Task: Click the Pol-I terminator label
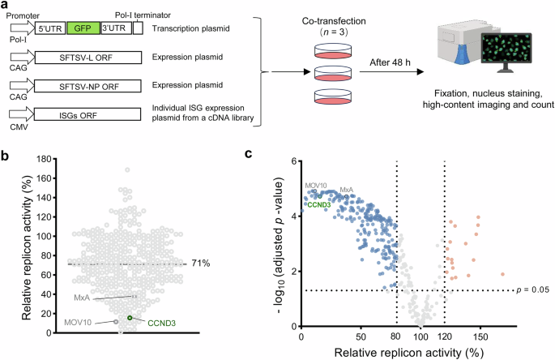pos(139,5)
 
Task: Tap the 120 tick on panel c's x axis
pos(445,336)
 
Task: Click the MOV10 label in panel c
pos(317,186)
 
